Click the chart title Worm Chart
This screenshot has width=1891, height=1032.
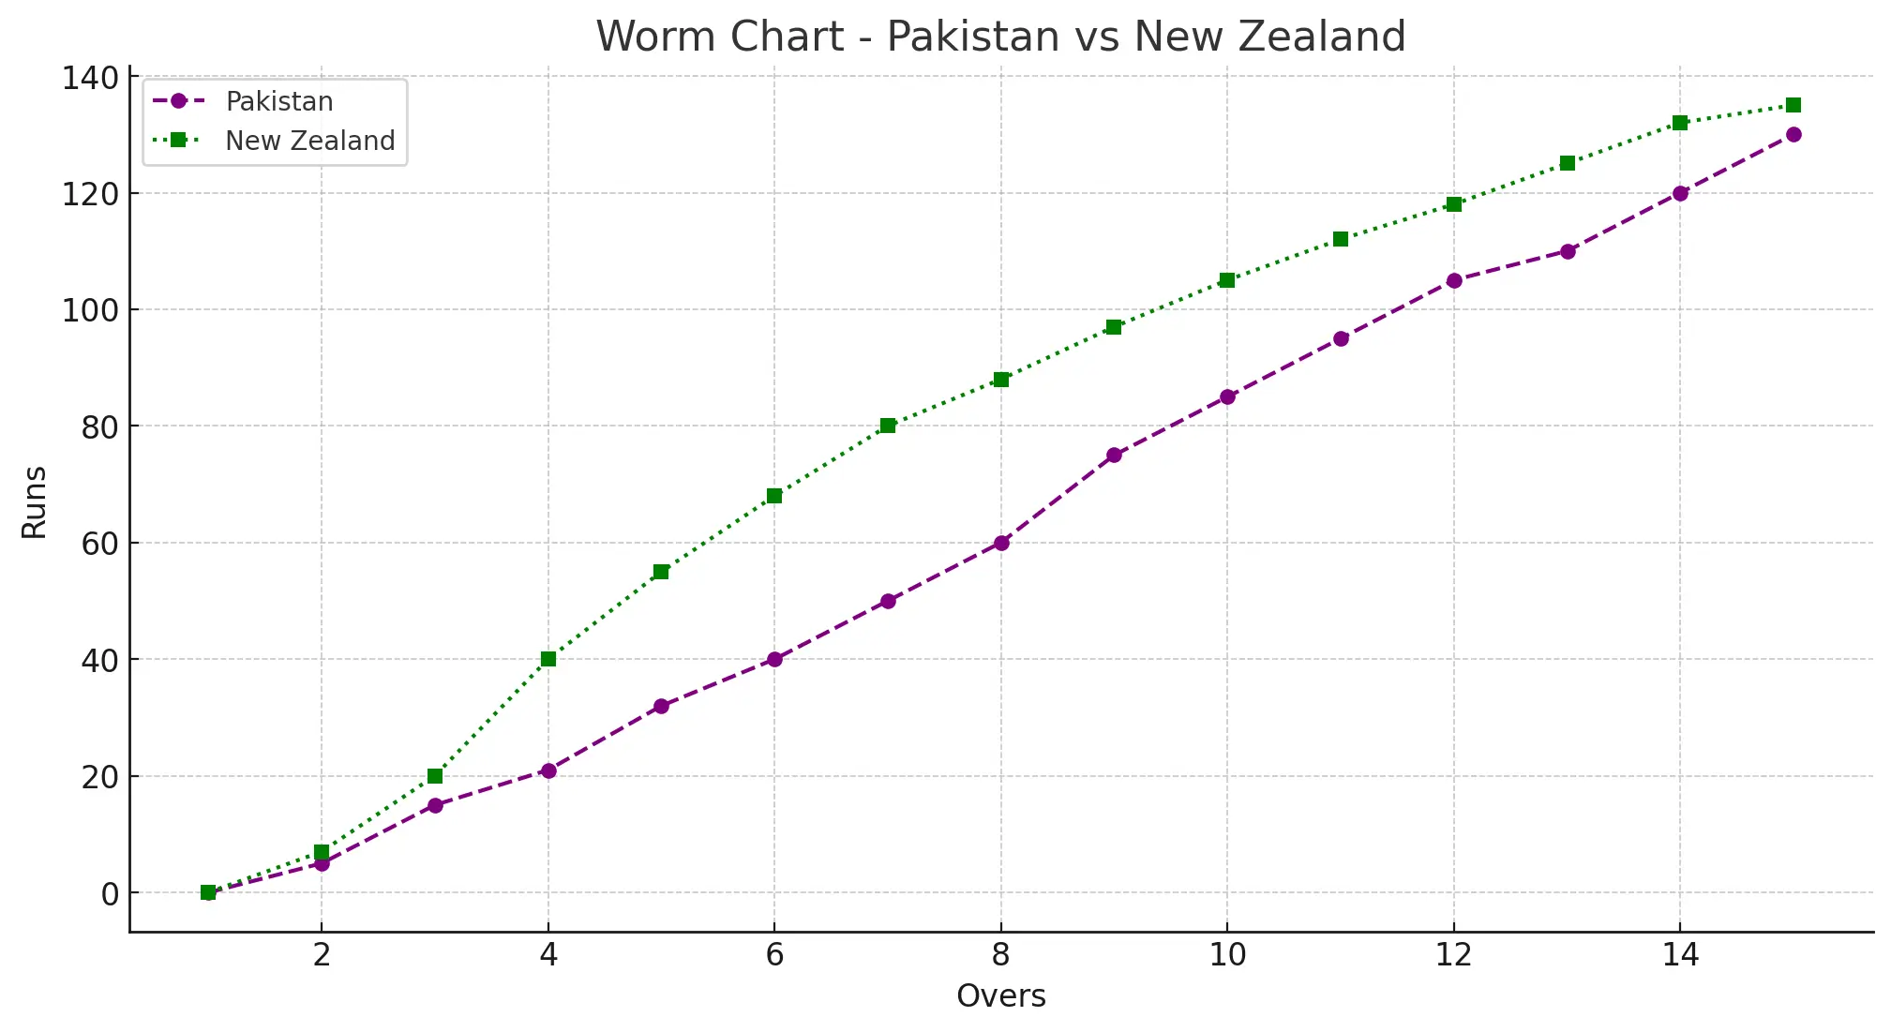pos(1000,37)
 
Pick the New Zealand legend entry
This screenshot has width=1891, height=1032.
pos(309,141)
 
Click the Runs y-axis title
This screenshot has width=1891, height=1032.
pos(35,502)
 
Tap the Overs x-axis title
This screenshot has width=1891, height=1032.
pos(1000,995)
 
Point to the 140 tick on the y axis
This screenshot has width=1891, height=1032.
pos(91,78)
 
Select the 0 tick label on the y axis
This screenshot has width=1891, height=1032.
pos(111,894)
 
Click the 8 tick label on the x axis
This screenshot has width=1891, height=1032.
pos(1000,955)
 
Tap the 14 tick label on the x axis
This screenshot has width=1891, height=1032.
pos(1679,955)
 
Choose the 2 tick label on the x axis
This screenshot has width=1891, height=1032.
pos(322,955)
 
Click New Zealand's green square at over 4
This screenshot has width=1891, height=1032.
pos(548,659)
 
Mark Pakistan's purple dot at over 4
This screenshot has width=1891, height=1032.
pos(548,770)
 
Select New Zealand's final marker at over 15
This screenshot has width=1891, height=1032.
pos(1793,105)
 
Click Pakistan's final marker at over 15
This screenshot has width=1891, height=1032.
pos(1793,134)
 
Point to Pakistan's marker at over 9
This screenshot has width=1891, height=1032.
pos(1114,456)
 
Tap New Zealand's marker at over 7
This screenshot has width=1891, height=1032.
pos(888,426)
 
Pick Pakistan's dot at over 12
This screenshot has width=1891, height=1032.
pos(1453,280)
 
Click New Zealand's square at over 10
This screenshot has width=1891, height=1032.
pos(1227,280)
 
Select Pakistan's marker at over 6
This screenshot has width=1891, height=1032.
pos(774,659)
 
